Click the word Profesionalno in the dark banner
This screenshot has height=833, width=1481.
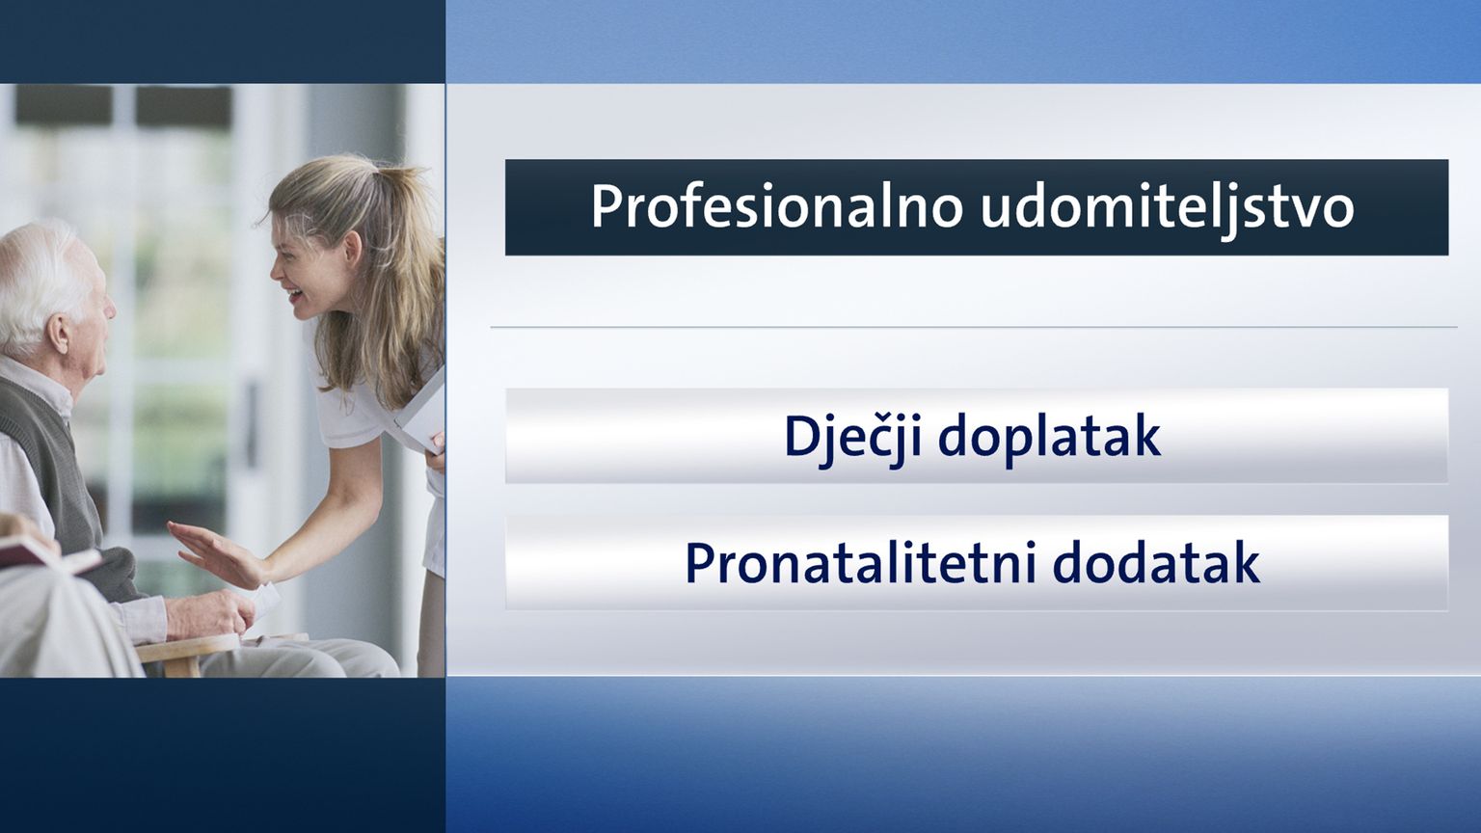pos(776,207)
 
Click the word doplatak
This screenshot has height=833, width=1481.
pos(1049,439)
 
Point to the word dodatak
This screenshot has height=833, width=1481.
pos(1156,563)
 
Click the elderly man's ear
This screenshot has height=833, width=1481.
pos(58,333)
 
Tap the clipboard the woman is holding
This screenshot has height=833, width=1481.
pos(421,414)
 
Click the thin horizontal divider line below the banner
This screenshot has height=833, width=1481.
pos(973,327)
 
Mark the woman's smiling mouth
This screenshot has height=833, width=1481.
pos(294,293)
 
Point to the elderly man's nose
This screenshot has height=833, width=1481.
pos(111,308)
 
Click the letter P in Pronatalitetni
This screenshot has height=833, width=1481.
pos(699,563)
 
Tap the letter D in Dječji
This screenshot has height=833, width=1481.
pos(800,436)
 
